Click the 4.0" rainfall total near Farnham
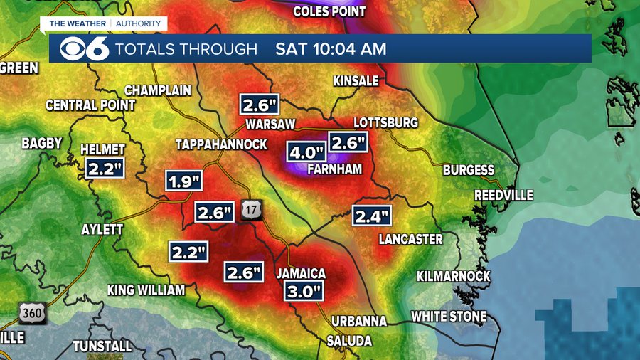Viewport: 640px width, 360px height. [x=306, y=152]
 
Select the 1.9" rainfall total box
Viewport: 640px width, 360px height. [x=185, y=181]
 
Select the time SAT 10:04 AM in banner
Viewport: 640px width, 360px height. [x=331, y=49]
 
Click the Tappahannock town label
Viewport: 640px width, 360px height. [x=221, y=144]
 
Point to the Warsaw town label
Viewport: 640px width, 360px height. [x=270, y=124]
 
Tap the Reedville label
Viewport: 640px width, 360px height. [x=503, y=195]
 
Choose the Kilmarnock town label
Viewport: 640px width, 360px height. [x=453, y=275]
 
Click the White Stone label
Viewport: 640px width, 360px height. [x=449, y=316]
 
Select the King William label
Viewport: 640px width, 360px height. [x=146, y=290]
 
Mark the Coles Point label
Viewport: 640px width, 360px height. [x=329, y=11]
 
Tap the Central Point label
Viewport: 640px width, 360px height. [x=90, y=105]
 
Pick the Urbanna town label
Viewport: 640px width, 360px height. [x=358, y=321]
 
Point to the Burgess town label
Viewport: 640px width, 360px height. [x=469, y=170]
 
